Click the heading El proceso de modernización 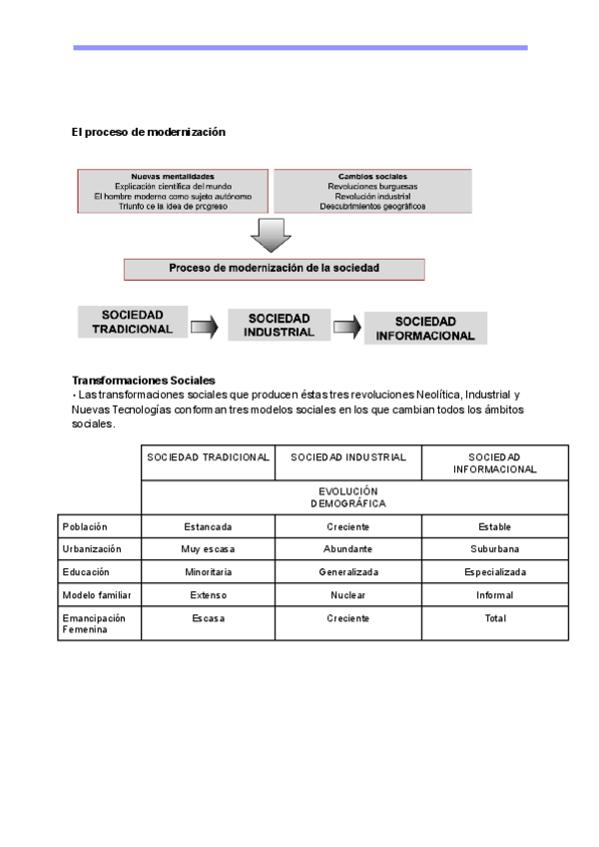coord(149,132)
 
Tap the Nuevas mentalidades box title coord(173,176)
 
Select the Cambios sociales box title coord(372,176)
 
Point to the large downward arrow coord(270,236)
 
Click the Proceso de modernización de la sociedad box coord(274,269)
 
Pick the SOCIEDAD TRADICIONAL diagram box coord(132,322)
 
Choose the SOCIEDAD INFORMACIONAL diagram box coord(425,329)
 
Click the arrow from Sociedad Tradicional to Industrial coord(204,327)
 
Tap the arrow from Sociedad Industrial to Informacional coord(346,327)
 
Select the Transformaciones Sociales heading coord(129,381)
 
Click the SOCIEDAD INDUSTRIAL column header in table coord(348,457)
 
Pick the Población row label coord(85,526)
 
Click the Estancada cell coord(208,526)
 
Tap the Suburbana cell coord(495,549)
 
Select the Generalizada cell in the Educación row coord(348,572)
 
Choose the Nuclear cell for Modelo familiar coord(348,595)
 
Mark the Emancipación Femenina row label coord(94,624)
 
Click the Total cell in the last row coord(495,618)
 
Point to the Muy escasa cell coord(208,549)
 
